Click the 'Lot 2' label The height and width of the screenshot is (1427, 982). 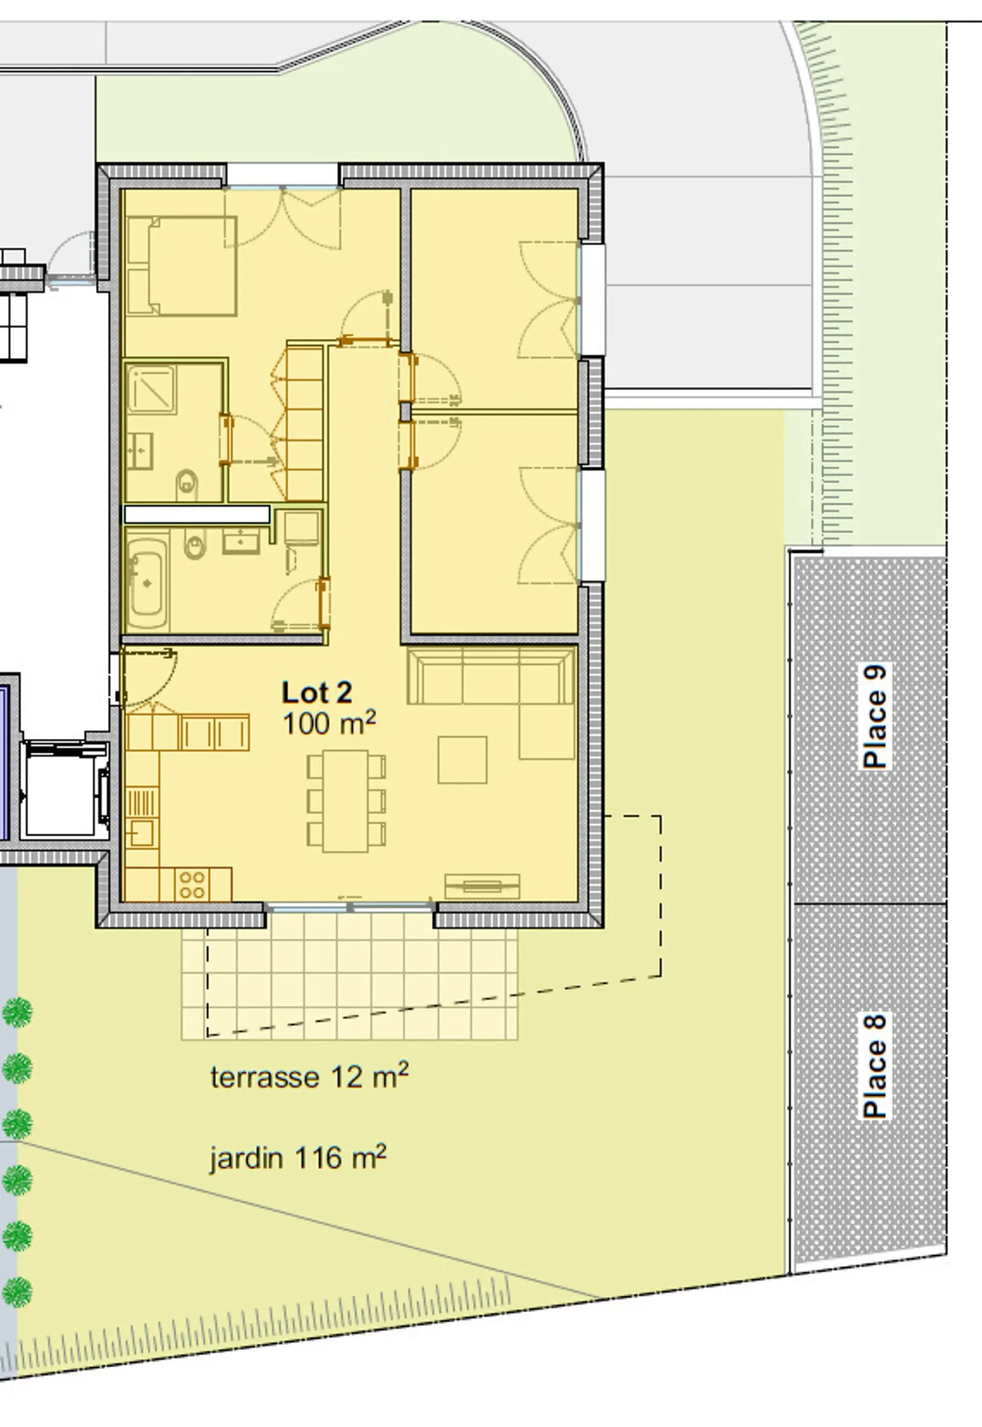[317, 693]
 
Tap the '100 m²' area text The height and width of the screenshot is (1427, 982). [329, 723]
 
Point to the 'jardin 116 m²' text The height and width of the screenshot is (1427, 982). [298, 1158]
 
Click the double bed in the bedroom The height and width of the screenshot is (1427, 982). [181, 266]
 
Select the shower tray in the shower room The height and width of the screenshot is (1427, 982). [151, 389]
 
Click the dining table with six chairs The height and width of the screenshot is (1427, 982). [346, 801]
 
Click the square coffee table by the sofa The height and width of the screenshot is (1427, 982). [462, 760]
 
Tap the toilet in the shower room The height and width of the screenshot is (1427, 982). [187, 485]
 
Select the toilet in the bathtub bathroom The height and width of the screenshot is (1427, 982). [195, 544]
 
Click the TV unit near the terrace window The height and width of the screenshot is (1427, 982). [482, 886]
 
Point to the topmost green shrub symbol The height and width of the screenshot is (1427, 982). [17, 1013]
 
